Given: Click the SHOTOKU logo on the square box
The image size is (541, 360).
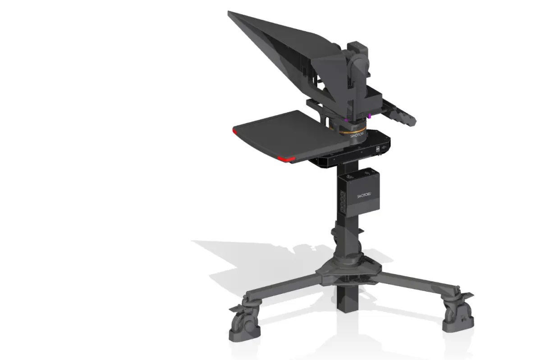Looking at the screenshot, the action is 364,195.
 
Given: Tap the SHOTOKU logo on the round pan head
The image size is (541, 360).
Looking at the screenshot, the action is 357,135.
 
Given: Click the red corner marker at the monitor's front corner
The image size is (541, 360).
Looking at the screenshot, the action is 286,159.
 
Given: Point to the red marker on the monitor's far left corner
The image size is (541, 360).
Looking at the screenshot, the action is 234,132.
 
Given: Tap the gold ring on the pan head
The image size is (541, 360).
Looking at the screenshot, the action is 353,131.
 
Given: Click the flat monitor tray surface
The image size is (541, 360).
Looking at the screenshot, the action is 288,135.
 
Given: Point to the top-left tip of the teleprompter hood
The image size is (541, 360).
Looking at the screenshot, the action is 228,11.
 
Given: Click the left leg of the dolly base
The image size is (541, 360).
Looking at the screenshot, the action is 283,288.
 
